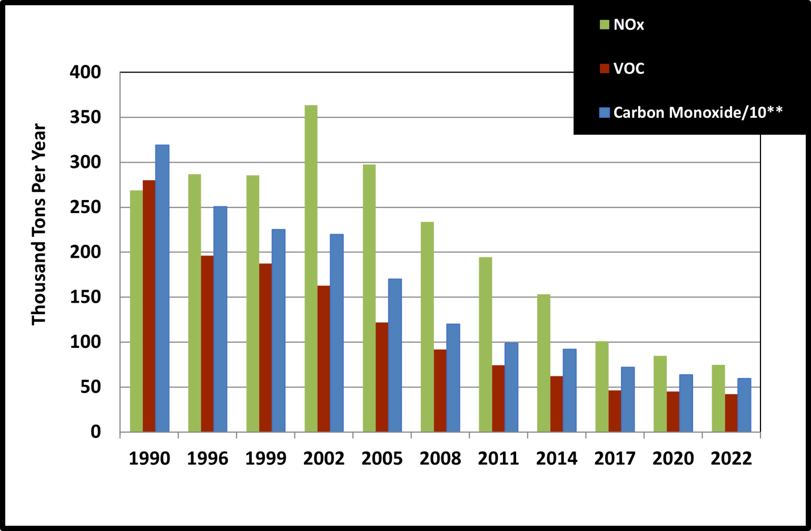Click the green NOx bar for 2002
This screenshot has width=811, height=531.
tap(311, 268)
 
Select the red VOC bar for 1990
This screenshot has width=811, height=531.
tap(149, 306)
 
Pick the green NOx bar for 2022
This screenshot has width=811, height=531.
tap(718, 398)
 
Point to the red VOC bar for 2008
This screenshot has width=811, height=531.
tap(440, 390)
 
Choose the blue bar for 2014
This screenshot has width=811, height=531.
tap(569, 390)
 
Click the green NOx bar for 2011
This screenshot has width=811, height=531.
tap(486, 344)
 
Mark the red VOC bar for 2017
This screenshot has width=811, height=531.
tap(615, 411)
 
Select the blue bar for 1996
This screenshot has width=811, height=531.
tap(220, 319)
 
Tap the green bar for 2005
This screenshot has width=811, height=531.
tap(369, 298)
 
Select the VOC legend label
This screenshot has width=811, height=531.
tap(629, 68)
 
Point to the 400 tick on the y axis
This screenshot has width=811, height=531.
tap(85, 72)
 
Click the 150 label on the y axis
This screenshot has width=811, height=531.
tap(85, 297)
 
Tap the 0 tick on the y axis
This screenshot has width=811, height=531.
tap(95, 432)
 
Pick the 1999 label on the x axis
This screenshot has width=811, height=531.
tap(266, 458)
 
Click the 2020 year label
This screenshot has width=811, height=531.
tap(673, 458)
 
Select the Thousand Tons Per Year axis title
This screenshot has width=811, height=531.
tap(39, 224)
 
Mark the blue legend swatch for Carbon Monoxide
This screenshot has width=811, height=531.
tap(605, 113)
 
